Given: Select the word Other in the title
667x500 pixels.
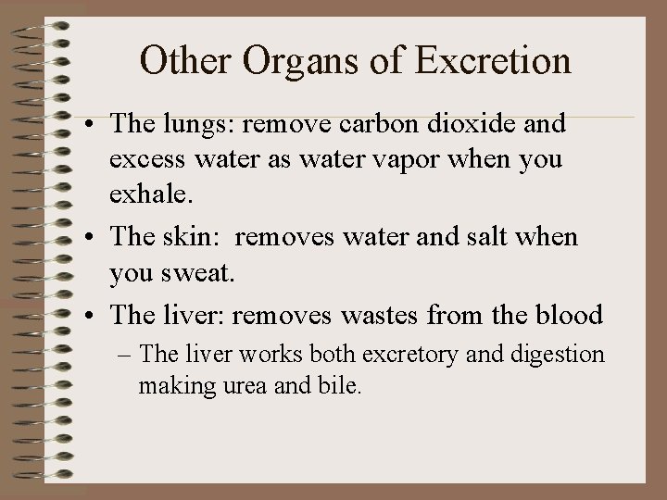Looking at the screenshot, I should click(x=185, y=60).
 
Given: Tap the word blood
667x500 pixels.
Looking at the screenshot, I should click(x=565, y=315).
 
